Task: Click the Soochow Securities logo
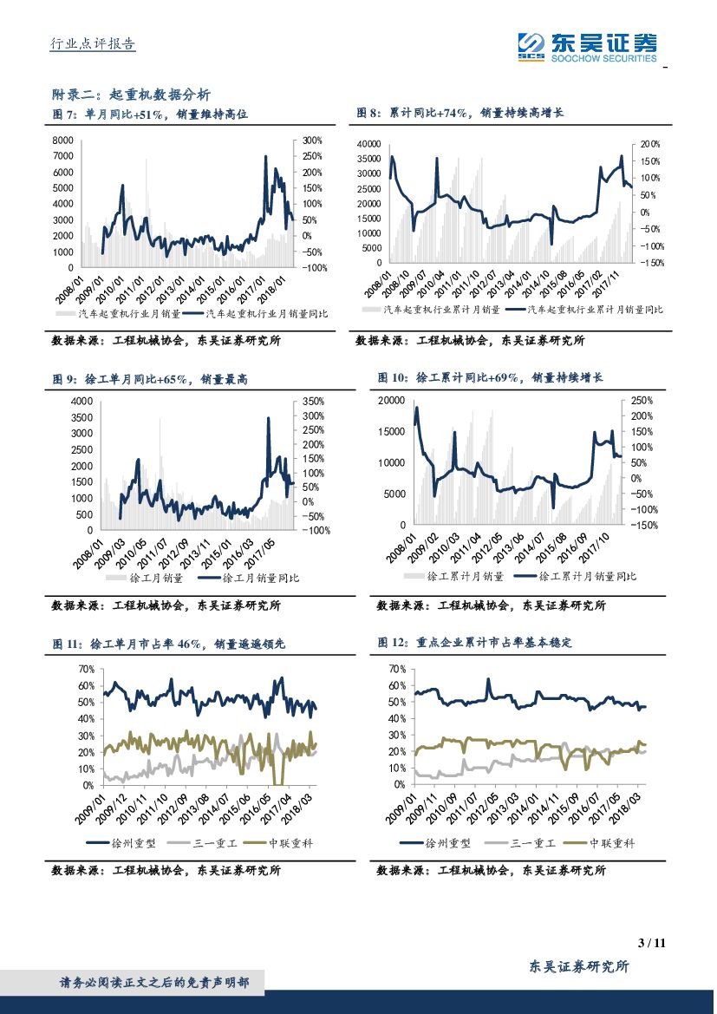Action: (587, 46)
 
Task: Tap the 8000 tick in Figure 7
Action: (63, 140)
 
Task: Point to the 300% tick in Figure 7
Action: (312, 140)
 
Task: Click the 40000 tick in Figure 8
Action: (368, 144)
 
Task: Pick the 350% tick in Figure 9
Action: (313, 402)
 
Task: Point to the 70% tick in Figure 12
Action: (397, 669)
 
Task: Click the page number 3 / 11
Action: (650, 943)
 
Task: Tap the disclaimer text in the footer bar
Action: (154, 983)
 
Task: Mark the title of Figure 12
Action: (475, 643)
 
